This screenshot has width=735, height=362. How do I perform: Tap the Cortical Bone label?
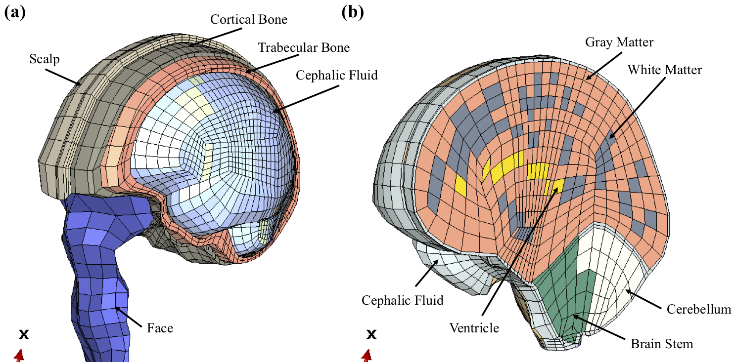[249, 19]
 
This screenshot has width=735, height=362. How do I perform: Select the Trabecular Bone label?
[304, 47]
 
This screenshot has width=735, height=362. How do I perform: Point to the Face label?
[160, 327]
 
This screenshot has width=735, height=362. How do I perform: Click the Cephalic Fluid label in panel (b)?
[402, 300]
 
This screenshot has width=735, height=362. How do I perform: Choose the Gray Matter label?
[619, 42]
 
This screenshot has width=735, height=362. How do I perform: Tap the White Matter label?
[664, 70]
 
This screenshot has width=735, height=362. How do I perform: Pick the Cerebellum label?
[698, 310]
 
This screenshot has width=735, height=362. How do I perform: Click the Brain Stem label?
[662, 344]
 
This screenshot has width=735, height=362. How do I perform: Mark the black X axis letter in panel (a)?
[23, 335]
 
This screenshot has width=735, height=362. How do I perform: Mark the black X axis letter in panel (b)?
[371, 335]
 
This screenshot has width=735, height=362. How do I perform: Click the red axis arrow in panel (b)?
[367, 356]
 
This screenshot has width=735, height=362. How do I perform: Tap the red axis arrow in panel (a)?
[19, 356]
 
